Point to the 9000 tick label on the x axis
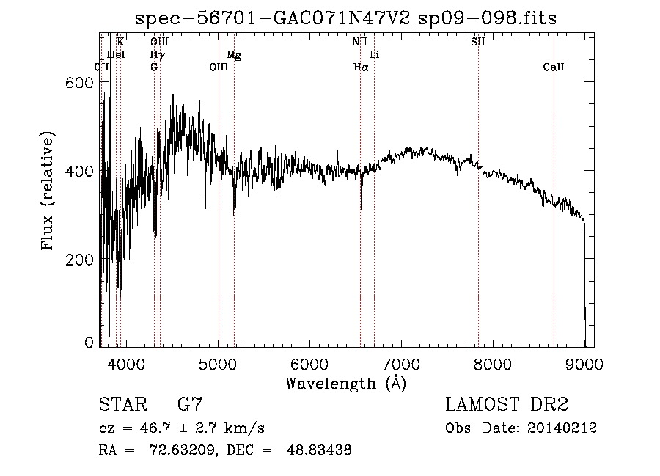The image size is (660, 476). [584, 364]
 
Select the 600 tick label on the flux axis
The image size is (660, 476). [81, 83]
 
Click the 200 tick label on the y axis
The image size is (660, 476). [81, 259]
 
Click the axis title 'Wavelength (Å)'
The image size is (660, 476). [345, 383]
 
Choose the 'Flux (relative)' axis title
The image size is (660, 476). [49, 192]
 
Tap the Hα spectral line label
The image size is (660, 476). [360, 67]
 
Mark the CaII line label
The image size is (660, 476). [554, 67]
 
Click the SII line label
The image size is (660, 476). [477, 42]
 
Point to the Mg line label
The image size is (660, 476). [233, 55]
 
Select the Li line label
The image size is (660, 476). [374, 55]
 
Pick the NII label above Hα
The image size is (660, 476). [359, 42]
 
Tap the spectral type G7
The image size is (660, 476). [190, 405]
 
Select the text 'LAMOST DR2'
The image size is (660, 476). [507, 405]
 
